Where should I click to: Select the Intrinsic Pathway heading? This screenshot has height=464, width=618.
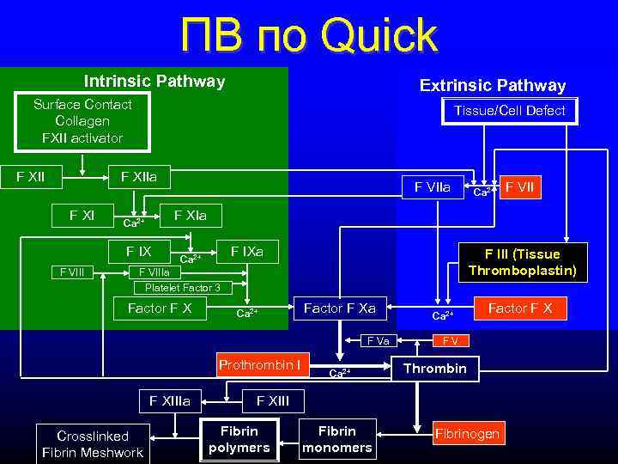click(x=154, y=82)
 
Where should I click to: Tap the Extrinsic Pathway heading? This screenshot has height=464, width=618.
click(x=492, y=85)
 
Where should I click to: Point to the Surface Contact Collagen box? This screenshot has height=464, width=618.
click(x=82, y=121)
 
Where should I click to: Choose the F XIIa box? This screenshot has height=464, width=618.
click(x=145, y=178)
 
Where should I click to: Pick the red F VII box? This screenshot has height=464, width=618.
click(x=521, y=186)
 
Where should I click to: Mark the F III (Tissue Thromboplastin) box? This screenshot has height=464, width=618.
click(x=522, y=262)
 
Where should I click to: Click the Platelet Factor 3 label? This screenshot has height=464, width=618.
click(x=182, y=288)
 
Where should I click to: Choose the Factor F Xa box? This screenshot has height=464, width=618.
click(x=340, y=308)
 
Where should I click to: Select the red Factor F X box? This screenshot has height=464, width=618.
click(x=520, y=308)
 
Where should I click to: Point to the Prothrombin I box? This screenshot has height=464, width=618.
click(x=258, y=365)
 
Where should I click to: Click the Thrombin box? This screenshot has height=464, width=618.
click(x=435, y=369)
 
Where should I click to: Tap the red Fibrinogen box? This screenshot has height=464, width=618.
click(x=466, y=434)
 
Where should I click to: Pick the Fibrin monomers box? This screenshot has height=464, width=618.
click(x=337, y=439)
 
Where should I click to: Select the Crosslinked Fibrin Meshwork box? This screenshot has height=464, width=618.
click(x=93, y=444)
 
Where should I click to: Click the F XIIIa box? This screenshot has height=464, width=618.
click(x=170, y=400)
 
